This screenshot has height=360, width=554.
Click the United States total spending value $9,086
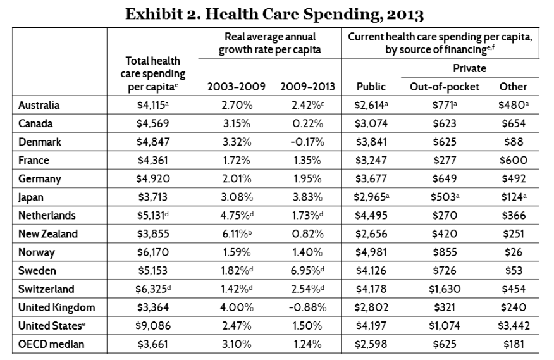point(153,326)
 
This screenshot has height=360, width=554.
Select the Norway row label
point(37,252)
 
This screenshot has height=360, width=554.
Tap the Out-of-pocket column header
point(445,87)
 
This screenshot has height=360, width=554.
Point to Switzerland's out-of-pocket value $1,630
point(445,289)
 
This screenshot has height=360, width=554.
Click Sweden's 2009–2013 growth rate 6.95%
point(308,271)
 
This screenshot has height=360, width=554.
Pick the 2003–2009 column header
point(236,87)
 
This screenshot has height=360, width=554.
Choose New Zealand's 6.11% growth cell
point(237,233)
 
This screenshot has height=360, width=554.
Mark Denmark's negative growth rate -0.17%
point(307,142)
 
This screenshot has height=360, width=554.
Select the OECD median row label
point(51,344)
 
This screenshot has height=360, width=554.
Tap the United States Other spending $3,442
point(514,326)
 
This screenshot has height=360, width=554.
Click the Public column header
point(371,87)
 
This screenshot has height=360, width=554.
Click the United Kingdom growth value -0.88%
point(307,307)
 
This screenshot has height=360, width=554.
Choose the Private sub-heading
point(469,68)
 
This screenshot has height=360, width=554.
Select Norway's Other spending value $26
point(514,252)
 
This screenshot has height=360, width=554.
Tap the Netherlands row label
point(47,215)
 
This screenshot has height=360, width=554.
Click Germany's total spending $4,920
point(153,178)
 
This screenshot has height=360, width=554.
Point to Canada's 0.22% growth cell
point(307,123)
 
